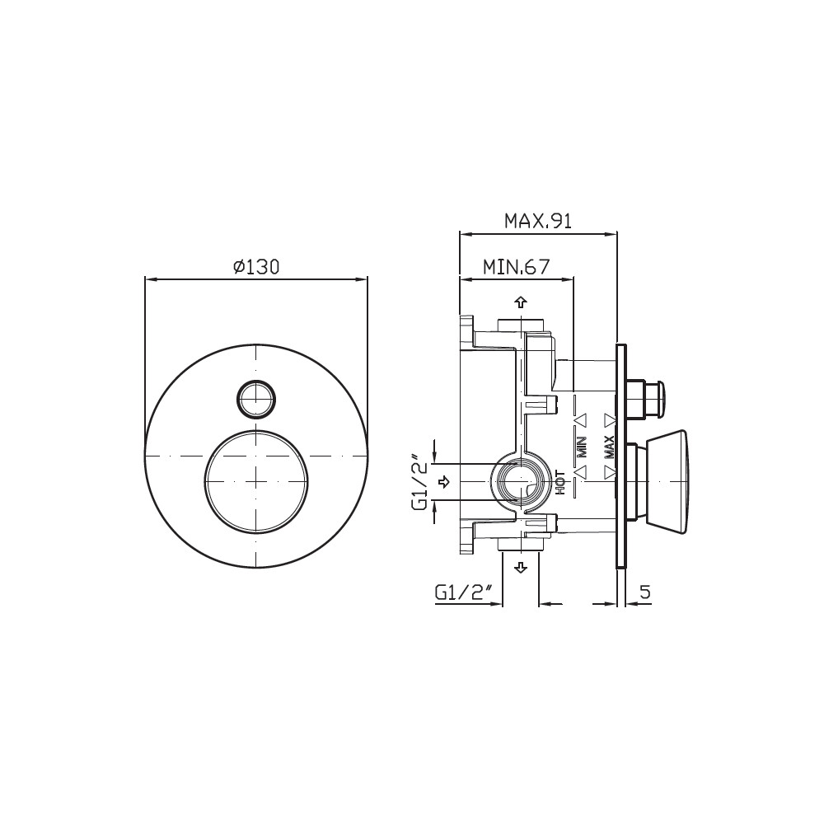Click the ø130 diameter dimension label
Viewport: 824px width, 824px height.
(x=256, y=267)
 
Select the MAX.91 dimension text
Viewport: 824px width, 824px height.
(x=537, y=221)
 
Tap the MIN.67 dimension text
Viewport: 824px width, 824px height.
(x=516, y=267)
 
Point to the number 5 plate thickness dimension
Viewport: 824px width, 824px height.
(x=645, y=592)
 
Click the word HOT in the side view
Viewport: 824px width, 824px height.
(x=560, y=482)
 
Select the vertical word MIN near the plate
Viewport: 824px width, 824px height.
(x=583, y=447)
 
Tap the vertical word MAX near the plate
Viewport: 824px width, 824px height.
(x=609, y=447)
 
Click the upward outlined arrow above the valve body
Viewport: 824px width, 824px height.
(x=521, y=302)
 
